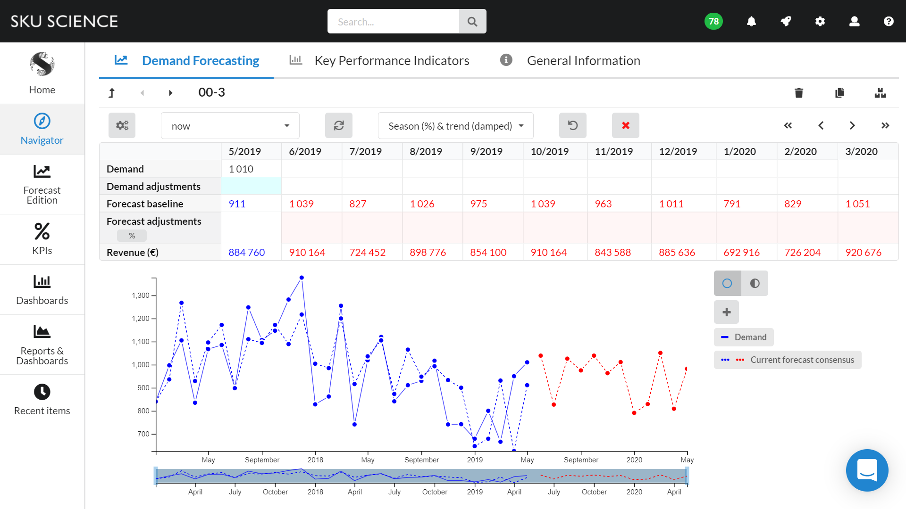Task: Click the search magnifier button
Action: [472, 22]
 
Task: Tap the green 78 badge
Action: [713, 21]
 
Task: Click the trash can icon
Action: [798, 93]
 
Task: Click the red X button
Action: [625, 125]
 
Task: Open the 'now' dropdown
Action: [230, 126]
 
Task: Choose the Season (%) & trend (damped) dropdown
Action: [455, 126]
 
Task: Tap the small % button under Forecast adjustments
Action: [132, 236]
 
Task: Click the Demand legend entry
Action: [744, 337]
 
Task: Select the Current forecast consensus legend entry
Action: [788, 360]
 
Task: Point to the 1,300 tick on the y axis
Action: [141, 296]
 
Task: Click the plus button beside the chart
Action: [726, 312]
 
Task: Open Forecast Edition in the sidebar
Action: [42, 184]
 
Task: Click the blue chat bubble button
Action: [867, 470]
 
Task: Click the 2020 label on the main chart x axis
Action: [634, 460]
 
